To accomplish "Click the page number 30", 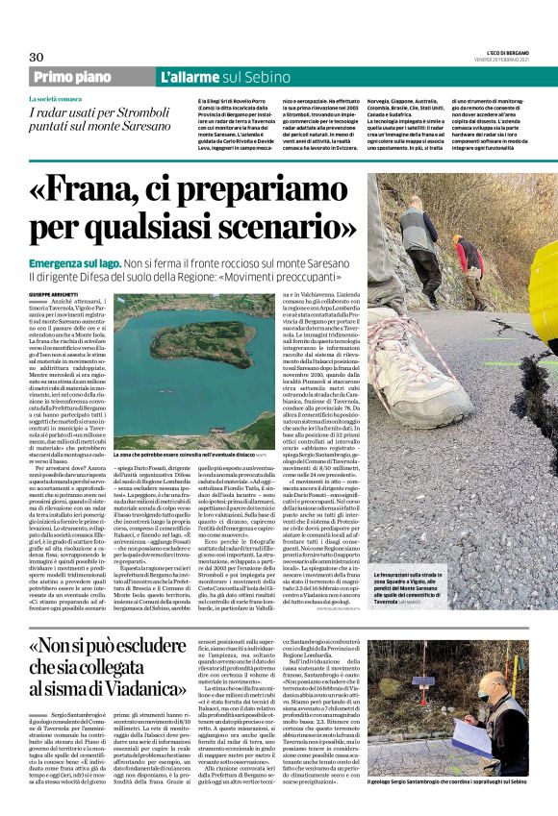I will (x=37, y=57).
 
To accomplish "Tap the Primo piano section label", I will (x=73, y=78).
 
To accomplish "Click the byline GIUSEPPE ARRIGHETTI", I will (x=58, y=292).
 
